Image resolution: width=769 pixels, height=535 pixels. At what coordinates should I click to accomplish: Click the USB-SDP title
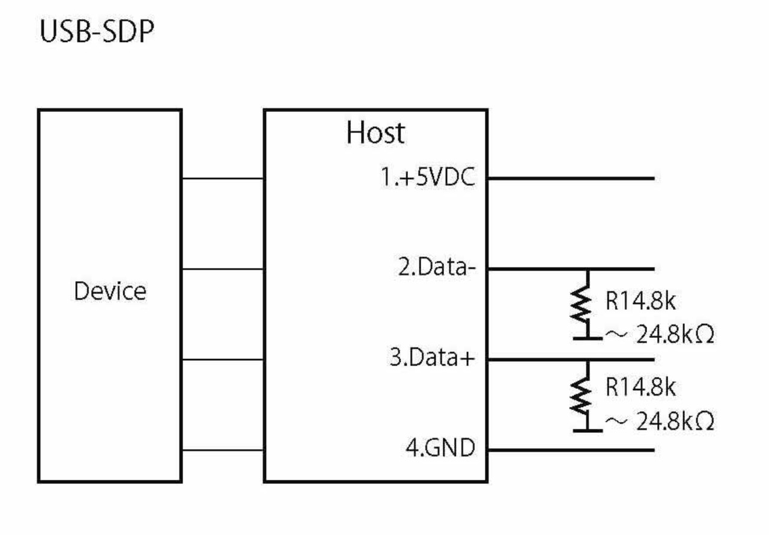pos(96,33)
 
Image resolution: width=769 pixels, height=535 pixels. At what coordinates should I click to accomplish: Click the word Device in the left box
pos(110,292)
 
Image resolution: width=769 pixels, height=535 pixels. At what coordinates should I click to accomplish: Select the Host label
pos(375,133)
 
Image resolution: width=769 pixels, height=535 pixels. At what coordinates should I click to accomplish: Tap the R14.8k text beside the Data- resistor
pos(640,301)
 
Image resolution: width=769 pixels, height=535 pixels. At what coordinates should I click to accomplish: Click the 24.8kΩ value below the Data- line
pos(675,335)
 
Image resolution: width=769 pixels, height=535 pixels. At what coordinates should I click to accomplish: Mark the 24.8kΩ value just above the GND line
pos(675,422)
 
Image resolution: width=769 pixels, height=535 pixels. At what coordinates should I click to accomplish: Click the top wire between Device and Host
pos(222,179)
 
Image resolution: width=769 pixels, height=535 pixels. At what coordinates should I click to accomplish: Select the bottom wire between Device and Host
pos(222,450)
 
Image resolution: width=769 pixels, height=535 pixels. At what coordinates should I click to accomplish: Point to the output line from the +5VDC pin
pos(571,179)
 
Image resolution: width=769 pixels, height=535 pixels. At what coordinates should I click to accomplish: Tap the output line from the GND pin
pos(571,450)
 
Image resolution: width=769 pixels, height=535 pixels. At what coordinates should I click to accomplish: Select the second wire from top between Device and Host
pos(222,269)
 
